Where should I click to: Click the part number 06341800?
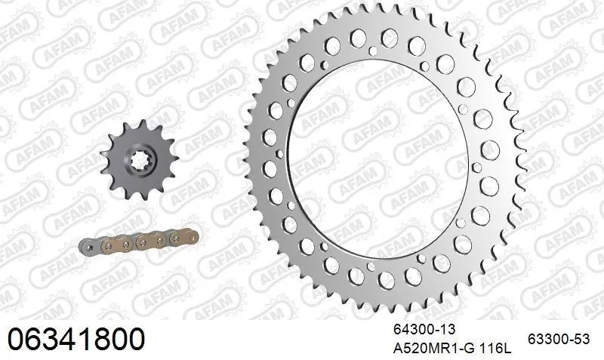pos(75,339)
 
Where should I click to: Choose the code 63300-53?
pos(557,339)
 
